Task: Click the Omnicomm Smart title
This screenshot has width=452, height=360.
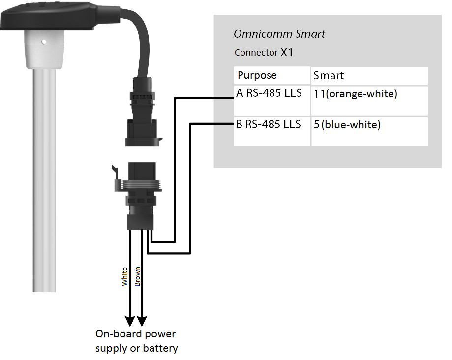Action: [x=279, y=34]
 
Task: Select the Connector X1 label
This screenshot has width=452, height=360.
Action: [x=264, y=52]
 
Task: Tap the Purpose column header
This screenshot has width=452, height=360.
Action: [x=272, y=76]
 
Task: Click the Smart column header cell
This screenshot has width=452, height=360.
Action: [x=369, y=76]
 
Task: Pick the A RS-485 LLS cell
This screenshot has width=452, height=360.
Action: [x=272, y=101]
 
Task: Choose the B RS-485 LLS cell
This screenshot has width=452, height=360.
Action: [x=272, y=131]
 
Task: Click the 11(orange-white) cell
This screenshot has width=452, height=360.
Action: [x=369, y=101]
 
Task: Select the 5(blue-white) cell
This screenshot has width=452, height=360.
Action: [x=369, y=131]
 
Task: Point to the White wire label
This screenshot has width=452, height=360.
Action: [x=124, y=276]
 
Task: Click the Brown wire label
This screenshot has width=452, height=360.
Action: [x=138, y=276]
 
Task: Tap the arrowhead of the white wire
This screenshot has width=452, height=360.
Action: [x=130, y=321]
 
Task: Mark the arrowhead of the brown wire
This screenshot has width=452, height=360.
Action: [x=142, y=321]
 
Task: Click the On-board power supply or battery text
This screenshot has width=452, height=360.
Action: [x=137, y=341]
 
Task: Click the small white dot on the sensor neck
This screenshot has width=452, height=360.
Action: [x=44, y=42]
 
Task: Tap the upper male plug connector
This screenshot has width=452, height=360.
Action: [x=143, y=111]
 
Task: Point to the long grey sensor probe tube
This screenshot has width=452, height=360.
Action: [x=44, y=180]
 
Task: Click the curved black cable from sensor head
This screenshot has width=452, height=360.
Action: [x=138, y=40]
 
